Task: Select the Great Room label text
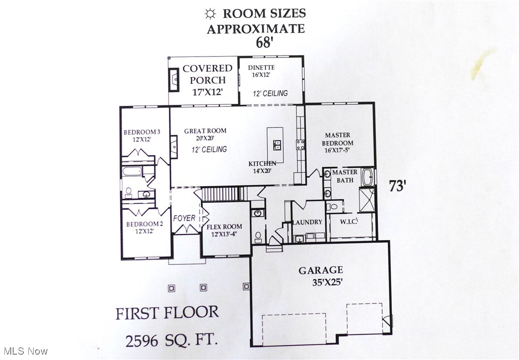coord(205,131)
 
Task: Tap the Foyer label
coord(184,218)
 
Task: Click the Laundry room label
coord(307,222)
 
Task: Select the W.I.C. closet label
coord(350,221)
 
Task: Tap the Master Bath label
coord(345,176)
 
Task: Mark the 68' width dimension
coord(263,42)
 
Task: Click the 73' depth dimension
coord(398,186)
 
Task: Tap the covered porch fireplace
coord(173,79)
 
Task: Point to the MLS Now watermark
coord(25,351)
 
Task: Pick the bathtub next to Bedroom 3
coord(132,171)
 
